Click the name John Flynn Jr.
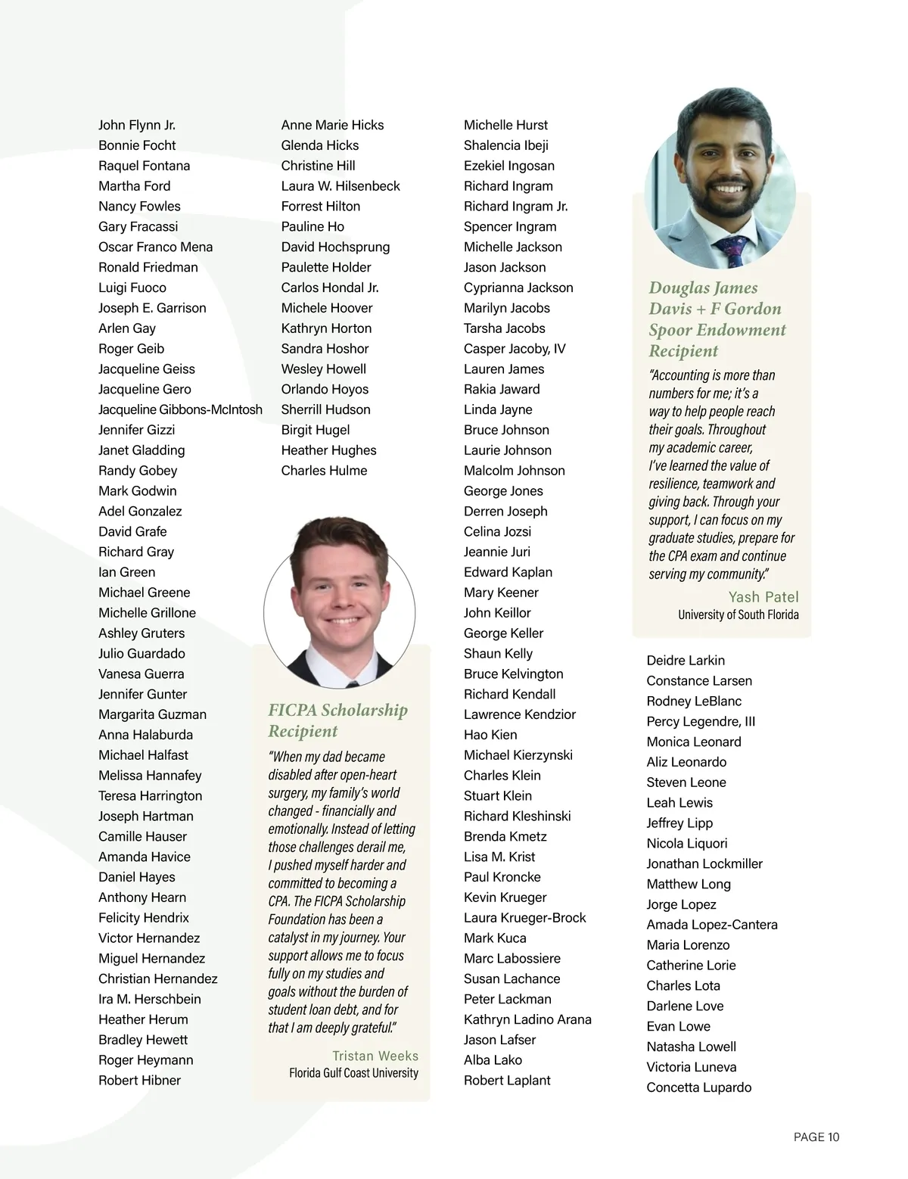click(137, 125)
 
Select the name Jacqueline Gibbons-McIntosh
click(180, 409)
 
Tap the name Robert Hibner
click(139, 1080)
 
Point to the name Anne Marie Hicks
click(332, 125)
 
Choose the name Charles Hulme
click(324, 470)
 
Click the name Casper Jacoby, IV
click(515, 348)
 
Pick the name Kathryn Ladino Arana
click(527, 1019)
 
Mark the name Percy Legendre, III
click(701, 721)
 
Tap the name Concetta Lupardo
click(698, 1087)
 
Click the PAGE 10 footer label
click(816, 1137)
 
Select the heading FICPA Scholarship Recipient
click(337, 720)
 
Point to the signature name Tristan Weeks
click(375, 1056)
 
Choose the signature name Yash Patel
click(763, 596)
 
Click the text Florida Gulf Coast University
click(353, 1073)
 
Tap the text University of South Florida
click(738, 614)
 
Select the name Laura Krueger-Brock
click(524, 917)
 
